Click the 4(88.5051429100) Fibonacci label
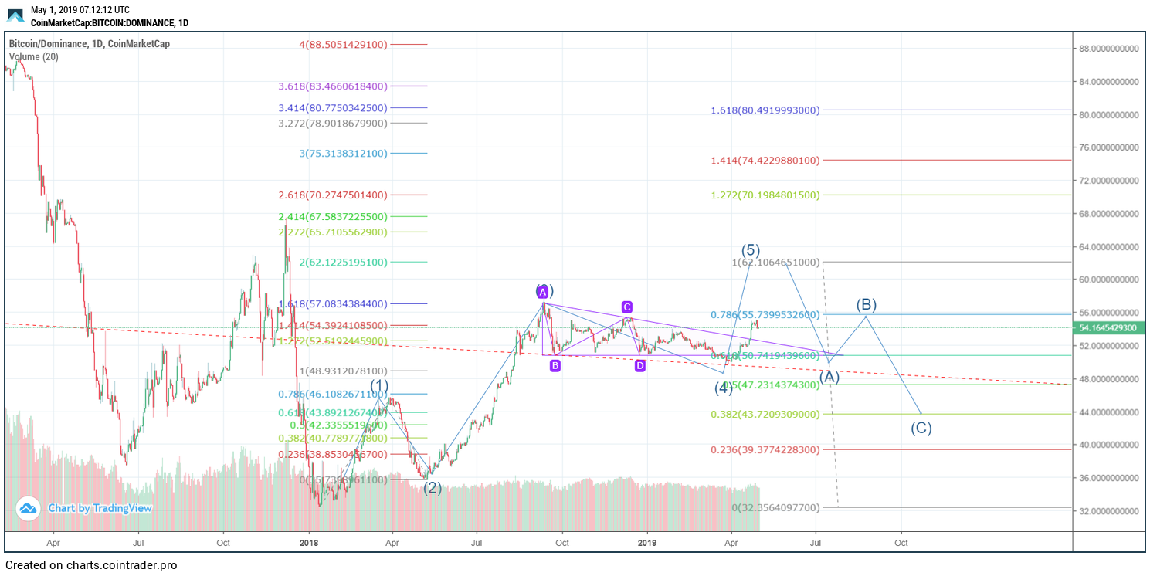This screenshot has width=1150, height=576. tap(343, 45)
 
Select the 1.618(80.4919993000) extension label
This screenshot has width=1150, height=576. tap(765, 110)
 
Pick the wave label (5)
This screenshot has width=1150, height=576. tap(751, 250)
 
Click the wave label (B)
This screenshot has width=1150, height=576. tap(867, 304)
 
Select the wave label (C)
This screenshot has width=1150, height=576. tap(921, 429)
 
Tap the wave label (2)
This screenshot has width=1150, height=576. tap(432, 488)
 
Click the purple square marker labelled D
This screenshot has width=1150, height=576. tap(640, 366)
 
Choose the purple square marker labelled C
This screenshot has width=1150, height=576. tap(627, 307)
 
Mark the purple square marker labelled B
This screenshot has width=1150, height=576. tap(555, 366)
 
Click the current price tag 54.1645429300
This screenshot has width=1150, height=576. tap(1109, 328)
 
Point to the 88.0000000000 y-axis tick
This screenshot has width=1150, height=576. tap(1109, 49)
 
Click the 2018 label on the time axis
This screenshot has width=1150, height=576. tap(309, 544)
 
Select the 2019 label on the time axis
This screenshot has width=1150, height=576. tap(648, 544)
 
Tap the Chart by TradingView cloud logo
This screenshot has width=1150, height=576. tap(29, 508)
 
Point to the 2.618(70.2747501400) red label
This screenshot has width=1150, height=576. tap(343, 195)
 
